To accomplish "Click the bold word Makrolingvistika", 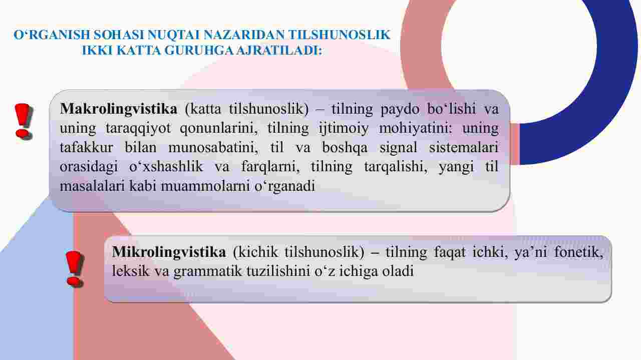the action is coord(119,109).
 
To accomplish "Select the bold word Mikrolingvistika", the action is coord(169,252).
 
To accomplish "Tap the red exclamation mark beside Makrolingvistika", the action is coord(24,122).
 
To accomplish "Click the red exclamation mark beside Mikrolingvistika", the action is coord(75,269).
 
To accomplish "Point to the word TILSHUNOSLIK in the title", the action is coord(340,35).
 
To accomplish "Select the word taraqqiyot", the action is coord(138,129).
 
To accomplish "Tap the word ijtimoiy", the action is coord(344,129).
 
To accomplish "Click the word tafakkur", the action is coord(86,147).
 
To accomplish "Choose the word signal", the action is coord(398,148).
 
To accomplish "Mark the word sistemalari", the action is coord(464,147).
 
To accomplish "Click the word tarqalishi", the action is coord(396,167).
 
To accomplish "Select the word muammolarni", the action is coord(205,186).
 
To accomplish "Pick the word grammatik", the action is coord(208,271).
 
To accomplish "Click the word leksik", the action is coord(131,271).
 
